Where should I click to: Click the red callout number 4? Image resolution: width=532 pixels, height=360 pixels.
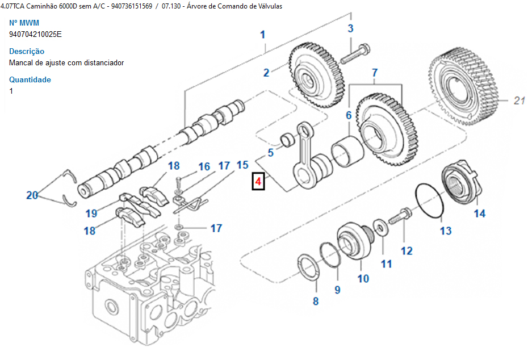(x=258, y=182)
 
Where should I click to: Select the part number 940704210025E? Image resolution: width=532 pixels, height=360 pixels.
(x=35, y=34)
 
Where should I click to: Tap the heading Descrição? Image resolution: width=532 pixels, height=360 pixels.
(x=27, y=51)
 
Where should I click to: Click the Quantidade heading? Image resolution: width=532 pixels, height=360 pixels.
(x=30, y=79)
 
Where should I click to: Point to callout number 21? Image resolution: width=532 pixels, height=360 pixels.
(x=518, y=101)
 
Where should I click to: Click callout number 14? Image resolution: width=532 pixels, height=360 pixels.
(x=480, y=214)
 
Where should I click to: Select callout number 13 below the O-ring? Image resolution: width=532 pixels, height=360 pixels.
(x=446, y=231)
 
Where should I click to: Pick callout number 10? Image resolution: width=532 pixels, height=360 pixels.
(x=363, y=278)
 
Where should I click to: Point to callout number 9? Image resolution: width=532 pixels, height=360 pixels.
(x=337, y=290)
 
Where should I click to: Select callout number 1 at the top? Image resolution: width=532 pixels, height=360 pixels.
(x=263, y=35)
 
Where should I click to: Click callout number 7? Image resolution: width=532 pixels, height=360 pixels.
(x=375, y=73)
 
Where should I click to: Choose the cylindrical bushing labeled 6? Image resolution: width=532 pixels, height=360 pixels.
(x=347, y=149)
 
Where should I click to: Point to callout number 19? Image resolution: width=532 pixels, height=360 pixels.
(x=91, y=214)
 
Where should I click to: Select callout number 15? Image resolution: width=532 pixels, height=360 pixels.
(x=242, y=165)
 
